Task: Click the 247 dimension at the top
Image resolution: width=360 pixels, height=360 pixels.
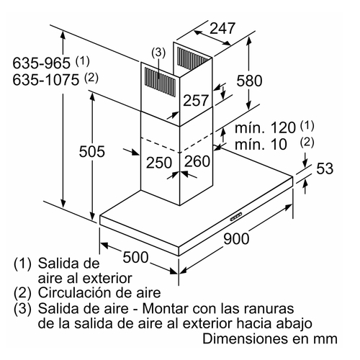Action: pos(222,29)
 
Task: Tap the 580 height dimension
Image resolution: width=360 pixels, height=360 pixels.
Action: pos(249,81)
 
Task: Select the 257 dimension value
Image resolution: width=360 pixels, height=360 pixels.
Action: pos(196,100)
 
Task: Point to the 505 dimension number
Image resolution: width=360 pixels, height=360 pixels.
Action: pos(92,151)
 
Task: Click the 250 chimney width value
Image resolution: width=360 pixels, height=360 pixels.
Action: pos(159,163)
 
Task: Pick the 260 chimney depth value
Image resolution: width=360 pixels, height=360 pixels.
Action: pos(197,161)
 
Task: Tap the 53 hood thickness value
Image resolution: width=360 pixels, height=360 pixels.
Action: pos(325,168)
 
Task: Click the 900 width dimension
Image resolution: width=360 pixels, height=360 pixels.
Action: pos(236,239)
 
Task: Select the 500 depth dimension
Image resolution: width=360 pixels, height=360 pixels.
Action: pos(135,257)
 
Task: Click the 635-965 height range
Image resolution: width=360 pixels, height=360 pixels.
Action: pos(41,63)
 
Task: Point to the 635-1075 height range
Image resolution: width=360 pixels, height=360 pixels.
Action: pos(45,80)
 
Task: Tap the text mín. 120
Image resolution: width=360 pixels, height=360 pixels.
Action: pos(265,127)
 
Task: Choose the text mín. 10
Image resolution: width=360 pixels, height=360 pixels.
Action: pos(261,144)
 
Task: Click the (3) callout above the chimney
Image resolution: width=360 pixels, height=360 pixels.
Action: pos(158,53)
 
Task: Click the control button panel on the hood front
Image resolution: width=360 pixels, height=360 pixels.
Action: pos(236,216)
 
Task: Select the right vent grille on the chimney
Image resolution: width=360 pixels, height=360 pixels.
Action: pos(193,58)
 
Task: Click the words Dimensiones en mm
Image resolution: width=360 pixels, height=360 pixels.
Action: pos(270,339)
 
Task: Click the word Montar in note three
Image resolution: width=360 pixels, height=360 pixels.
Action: pos(166,308)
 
